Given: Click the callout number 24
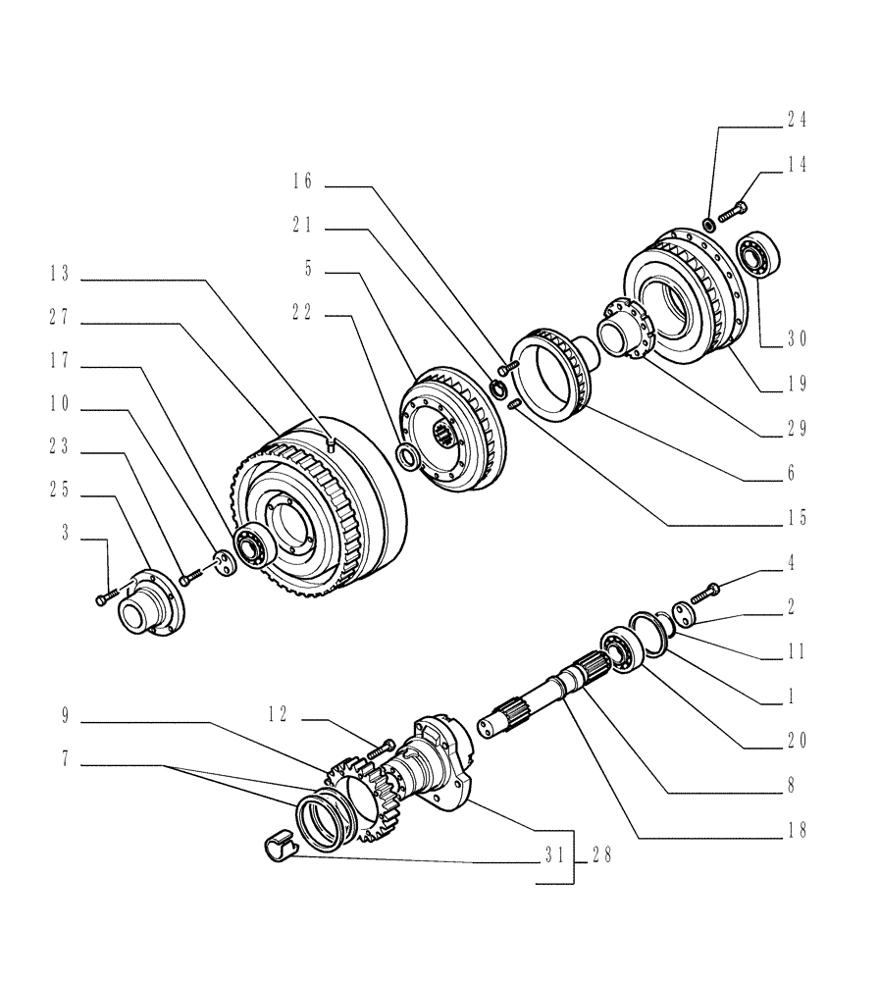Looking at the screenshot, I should pos(797,120).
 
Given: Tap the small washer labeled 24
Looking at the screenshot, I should pos(707,227).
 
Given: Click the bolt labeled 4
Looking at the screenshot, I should pos(703,593).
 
